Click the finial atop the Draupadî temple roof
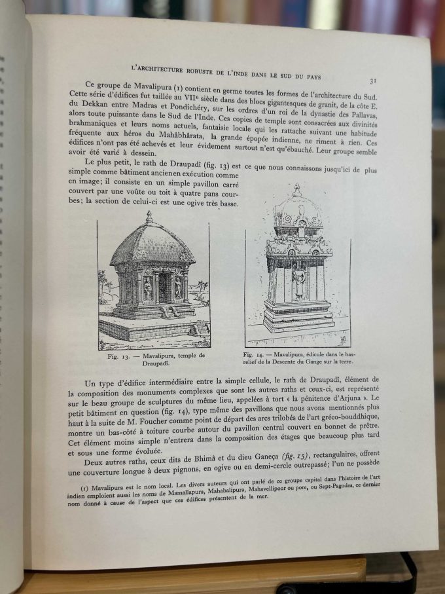(149, 216)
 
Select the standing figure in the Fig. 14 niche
(299, 280)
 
